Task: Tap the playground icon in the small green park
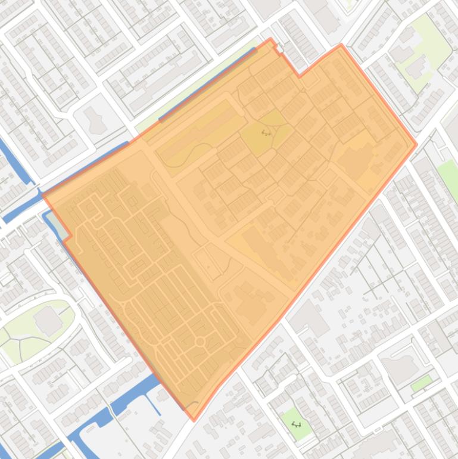pos(296,424)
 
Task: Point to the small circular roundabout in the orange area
pos(200,342)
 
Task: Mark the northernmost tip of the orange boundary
pos(271,40)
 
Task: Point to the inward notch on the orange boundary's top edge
pos(300,76)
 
